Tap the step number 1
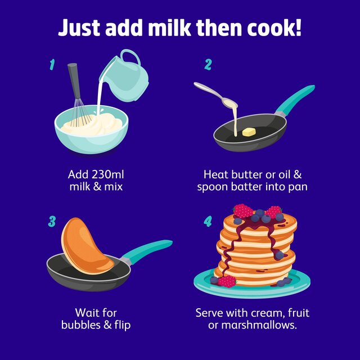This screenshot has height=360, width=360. coord(52,65)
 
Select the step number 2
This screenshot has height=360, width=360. coord(208,65)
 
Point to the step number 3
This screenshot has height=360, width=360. coord(52,221)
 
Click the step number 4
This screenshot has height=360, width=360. coord(208,221)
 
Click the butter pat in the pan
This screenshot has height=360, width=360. coord(247,132)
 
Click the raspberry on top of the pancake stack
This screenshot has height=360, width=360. coord(243,210)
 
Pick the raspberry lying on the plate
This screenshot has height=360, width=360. coord(227,281)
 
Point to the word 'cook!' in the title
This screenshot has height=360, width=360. coord(272,28)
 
